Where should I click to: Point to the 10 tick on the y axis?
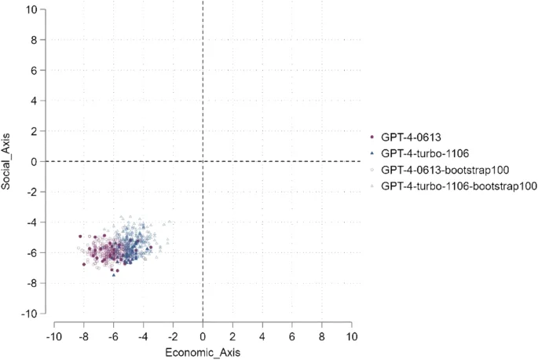pyautogui.click(x=31, y=9)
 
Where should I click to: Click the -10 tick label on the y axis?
pyautogui.click(x=30, y=314)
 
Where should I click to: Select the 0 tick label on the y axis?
pyautogui.click(x=34, y=162)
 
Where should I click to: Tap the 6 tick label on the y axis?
pyautogui.click(x=34, y=70)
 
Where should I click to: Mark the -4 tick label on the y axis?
pyautogui.click(x=31, y=222)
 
